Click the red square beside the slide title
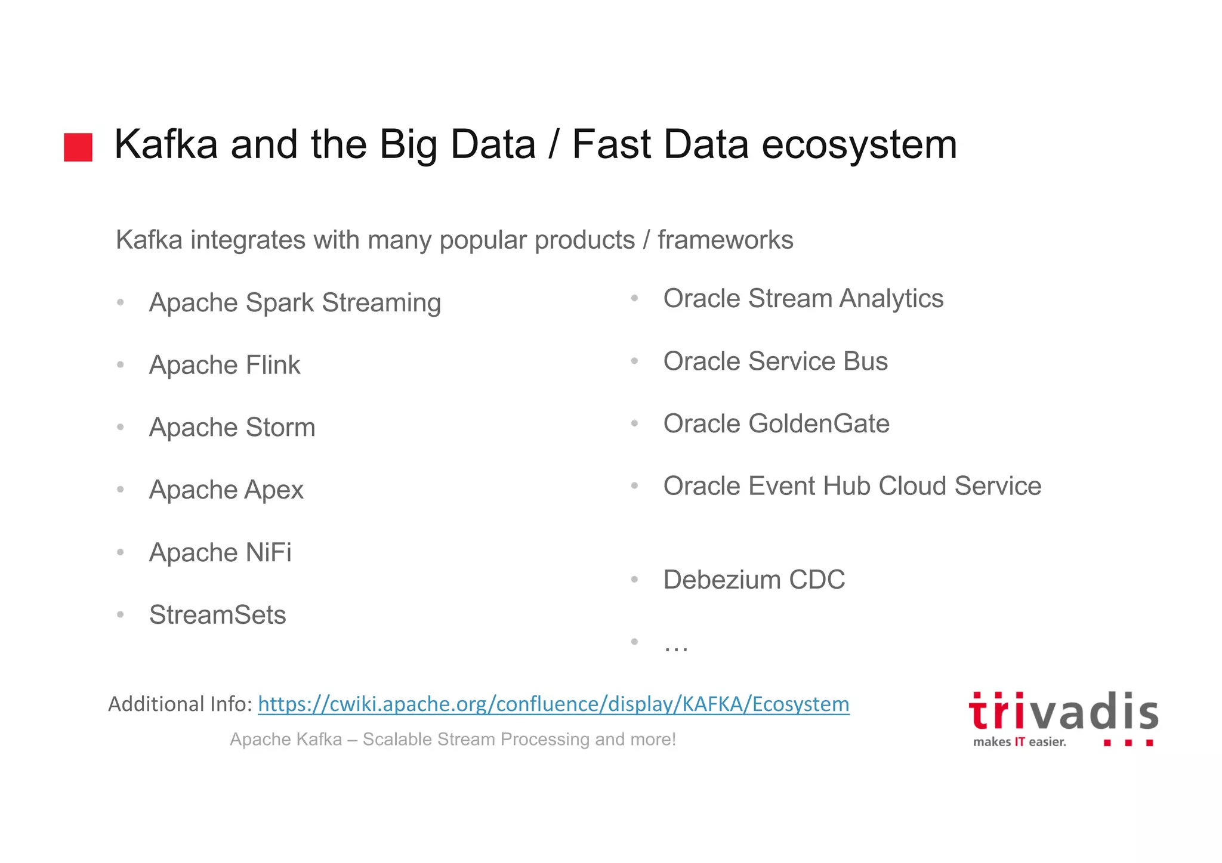tap(78, 147)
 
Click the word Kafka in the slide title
tap(165, 144)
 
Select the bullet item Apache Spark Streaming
tap(295, 302)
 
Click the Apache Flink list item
tap(224, 365)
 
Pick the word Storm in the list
tap(280, 428)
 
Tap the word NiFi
tap(269, 552)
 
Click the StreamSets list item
tap(217, 615)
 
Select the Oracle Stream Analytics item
tap(803, 299)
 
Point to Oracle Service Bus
tap(775, 361)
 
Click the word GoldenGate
tap(819, 424)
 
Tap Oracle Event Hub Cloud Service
tap(852, 486)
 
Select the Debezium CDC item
tap(754, 580)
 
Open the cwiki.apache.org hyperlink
tap(553, 704)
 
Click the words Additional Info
tap(180, 704)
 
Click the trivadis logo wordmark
tap(1063, 712)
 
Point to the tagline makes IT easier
tap(1019, 742)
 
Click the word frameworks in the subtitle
tap(725, 240)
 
